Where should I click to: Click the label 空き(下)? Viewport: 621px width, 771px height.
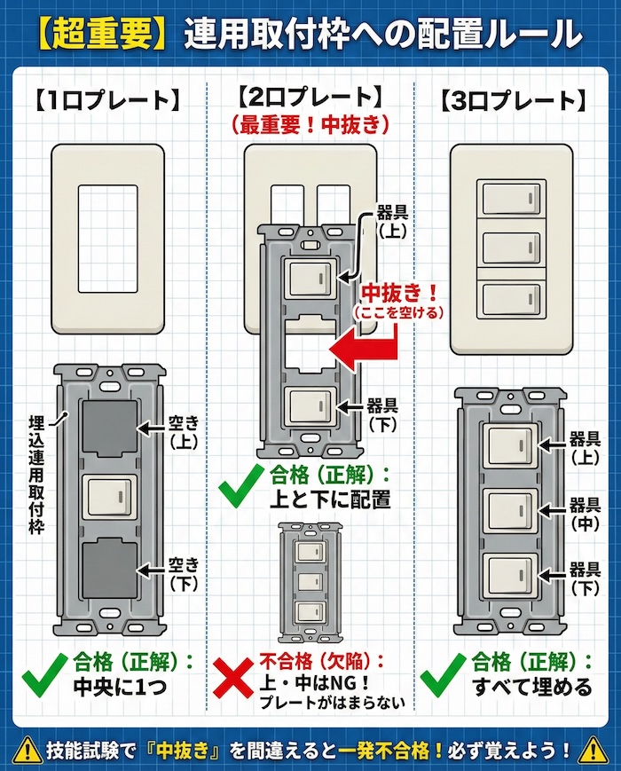[185, 573]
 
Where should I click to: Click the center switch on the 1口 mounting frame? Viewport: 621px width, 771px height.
[109, 499]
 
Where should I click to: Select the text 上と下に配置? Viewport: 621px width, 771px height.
[330, 499]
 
